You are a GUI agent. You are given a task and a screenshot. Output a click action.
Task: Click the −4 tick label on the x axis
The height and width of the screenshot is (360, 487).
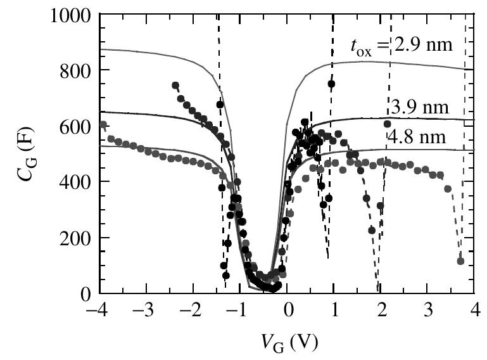coord(97,310)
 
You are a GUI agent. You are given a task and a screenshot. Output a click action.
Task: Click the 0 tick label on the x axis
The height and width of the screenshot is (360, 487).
coord(289,310)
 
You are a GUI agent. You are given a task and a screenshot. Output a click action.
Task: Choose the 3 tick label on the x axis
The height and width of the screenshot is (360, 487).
coord(429,310)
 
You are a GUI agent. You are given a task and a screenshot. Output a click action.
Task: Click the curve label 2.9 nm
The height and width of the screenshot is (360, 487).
coord(422,45)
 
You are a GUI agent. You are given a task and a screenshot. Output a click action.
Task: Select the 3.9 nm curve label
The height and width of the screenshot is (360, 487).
coord(419,108)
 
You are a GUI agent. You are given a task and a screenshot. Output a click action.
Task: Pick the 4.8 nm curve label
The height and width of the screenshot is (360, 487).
coord(417,137)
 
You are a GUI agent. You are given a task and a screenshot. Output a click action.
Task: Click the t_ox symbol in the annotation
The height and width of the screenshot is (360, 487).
coord(361,48)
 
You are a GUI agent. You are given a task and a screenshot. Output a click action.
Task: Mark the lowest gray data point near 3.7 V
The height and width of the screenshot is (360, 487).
coord(460,261)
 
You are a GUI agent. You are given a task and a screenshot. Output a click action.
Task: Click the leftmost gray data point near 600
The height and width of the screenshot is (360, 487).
coord(103,125)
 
